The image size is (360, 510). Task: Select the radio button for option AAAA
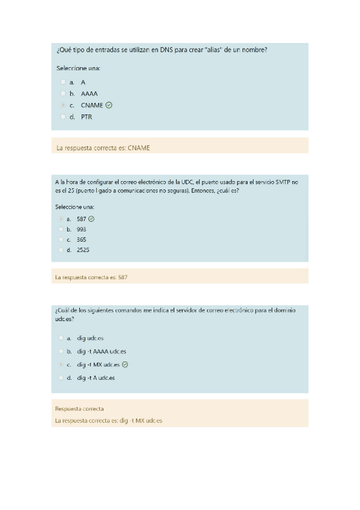[63, 93]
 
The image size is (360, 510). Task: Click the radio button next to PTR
[63, 117]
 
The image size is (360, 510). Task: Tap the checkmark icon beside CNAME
[109, 105]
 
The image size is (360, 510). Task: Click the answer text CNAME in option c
[92, 105]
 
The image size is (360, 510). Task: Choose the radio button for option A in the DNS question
[63, 82]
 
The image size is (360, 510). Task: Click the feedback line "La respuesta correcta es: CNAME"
[103, 147]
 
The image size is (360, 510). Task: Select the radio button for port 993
[61, 229]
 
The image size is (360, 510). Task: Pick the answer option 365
[81, 239]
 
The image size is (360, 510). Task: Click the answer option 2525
[83, 250]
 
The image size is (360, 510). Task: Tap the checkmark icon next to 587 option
[91, 219]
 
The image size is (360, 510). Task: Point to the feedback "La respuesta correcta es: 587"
[91, 277]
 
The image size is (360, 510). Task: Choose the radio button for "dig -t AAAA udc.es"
[61, 351]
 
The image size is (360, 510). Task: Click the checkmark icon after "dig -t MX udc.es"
[125, 364]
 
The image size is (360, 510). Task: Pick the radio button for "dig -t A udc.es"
[61, 378]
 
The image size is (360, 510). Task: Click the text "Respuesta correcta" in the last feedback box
[79, 409]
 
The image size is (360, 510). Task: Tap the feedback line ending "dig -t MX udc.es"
[108, 421]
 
